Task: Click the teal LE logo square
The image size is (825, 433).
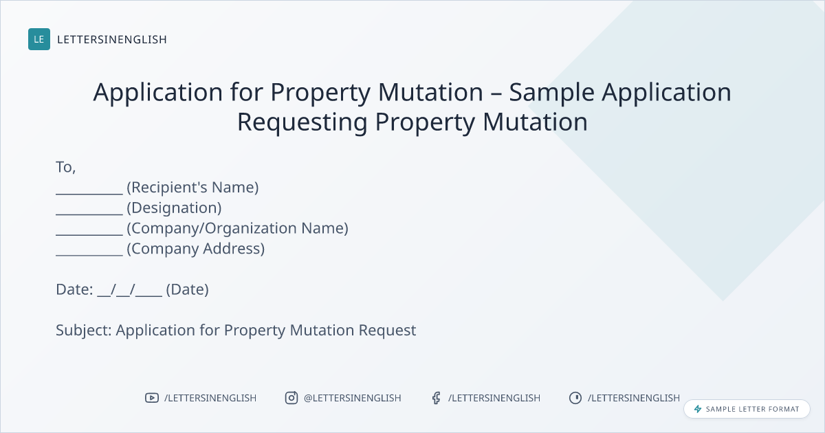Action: pyautogui.click(x=39, y=39)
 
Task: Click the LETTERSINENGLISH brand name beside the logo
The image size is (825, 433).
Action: pyautogui.click(x=112, y=39)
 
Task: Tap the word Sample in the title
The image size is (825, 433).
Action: pyautogui.click(x=551, y=92)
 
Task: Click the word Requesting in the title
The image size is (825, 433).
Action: pyautogui.click(x=302, y=122)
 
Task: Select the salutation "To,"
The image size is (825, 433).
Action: pyautogui.click(x=66, y=167)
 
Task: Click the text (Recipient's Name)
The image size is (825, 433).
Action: pyautogui.click(x=192, y=188)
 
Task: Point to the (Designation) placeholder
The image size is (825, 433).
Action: pyautogui.click(x=174, y=208)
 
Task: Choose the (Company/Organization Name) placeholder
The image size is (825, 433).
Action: pyautogui.click(x=238, y=228)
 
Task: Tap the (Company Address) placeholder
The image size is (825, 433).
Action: pyautogui.click(x=195, y=249)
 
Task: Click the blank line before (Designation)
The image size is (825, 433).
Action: pyautogui.click(x=89, y=214)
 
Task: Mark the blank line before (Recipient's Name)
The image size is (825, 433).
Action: pyautogui.click(x=89, y=193)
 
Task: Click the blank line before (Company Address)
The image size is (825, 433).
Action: pyautogui.click(x=89, y=255)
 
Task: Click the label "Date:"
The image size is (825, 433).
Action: pyautogui.click(x=74, y=290)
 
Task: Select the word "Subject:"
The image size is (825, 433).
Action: pyautogui.click(x=84, y=331)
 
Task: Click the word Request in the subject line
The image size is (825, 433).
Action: pyautogui.click(x=388, y=331)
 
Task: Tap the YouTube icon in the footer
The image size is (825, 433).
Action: pyautogui.click(x=152, y=398)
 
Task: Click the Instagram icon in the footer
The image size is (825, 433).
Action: pyautogui.click(x=291, y=398)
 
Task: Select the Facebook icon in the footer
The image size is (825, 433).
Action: pyautogui.click(x=437, y=398)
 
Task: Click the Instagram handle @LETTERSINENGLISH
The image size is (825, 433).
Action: pyautogui.click(x=353, y=398)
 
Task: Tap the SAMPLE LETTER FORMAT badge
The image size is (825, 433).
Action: pyautogui.click(x=747, y=409)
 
